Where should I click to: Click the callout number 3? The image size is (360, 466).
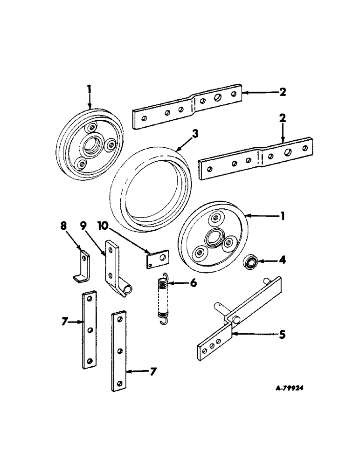tap(195, 134)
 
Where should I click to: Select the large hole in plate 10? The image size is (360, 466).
tap(162, 255)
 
